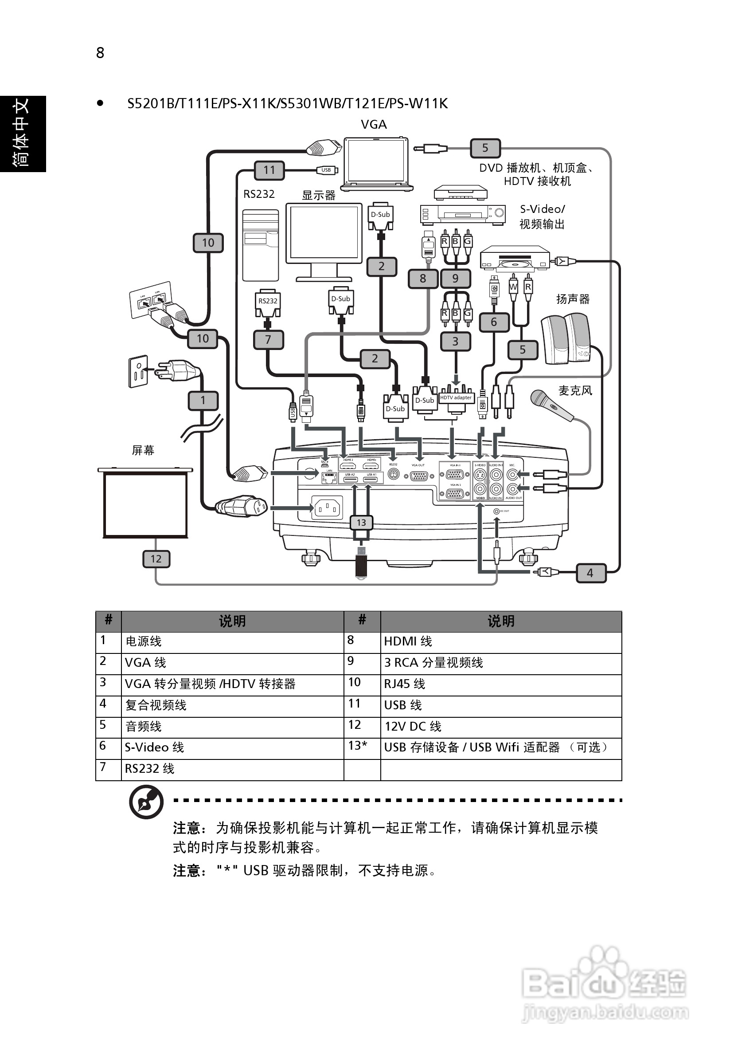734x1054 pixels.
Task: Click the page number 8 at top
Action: pos(100,53)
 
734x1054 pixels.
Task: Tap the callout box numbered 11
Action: pos(269,170)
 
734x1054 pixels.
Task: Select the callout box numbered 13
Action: pos(361,523)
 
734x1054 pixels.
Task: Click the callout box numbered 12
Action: pos(156,558)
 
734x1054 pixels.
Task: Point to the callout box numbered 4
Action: pos(590,573)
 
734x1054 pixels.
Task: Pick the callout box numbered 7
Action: pos(268,340)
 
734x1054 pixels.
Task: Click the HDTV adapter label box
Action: pos(456,397)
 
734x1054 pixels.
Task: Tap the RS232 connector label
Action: pos(267,301)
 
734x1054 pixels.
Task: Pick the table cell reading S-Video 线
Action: pos(232,747)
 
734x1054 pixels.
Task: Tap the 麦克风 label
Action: pos(575,391)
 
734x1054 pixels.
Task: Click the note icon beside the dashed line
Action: pos(146,802)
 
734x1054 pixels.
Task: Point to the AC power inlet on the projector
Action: pos(327,508)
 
